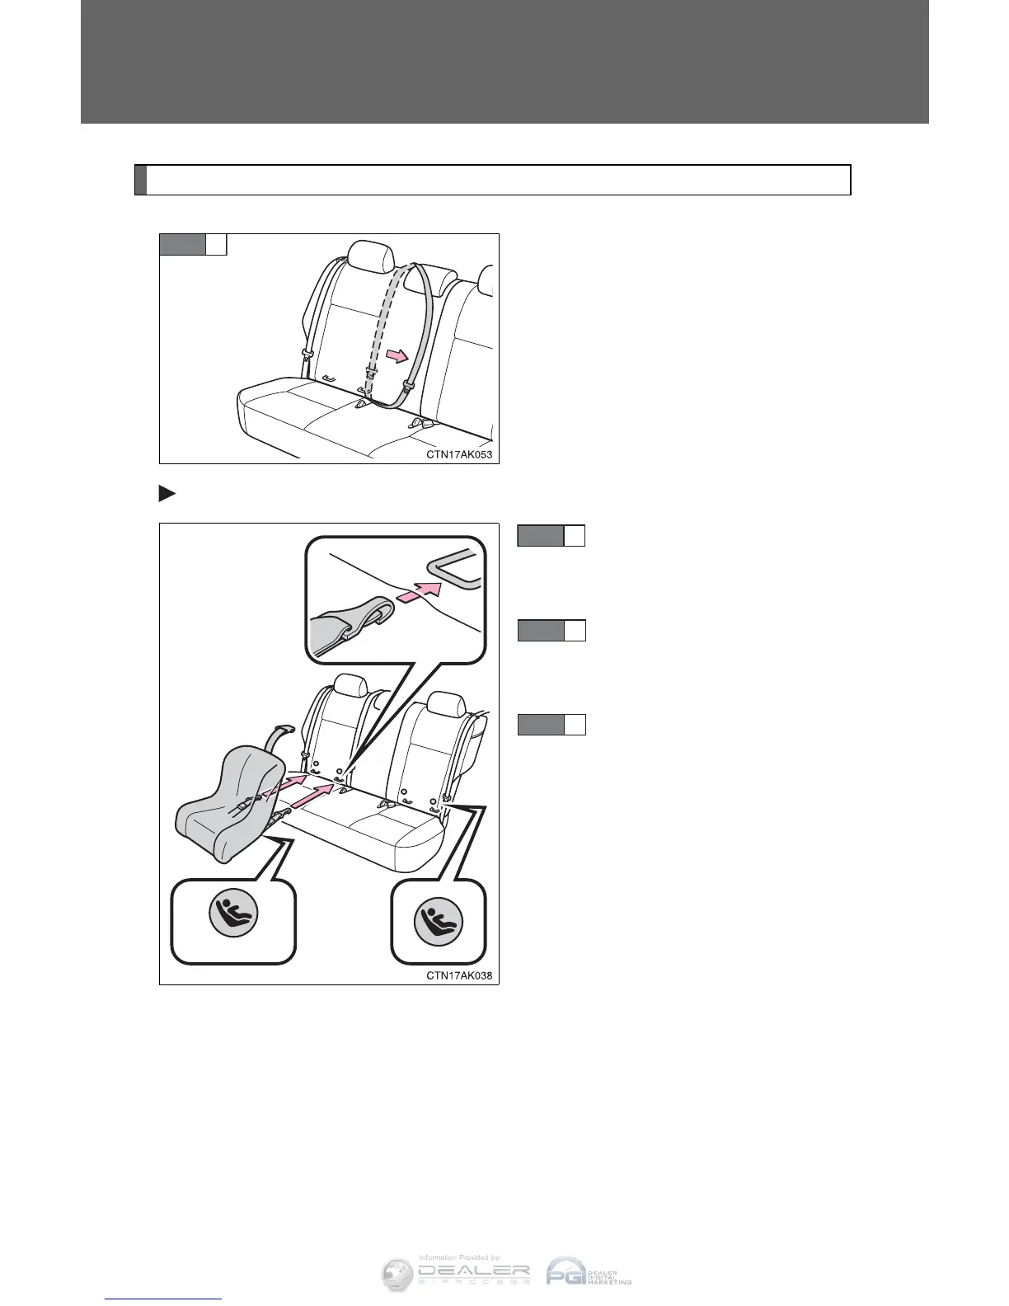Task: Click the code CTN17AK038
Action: (x=462, y=975)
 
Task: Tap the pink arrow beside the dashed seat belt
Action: (x=396, y=355)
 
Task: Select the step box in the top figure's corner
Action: (x=193, y=245)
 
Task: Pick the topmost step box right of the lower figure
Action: (x=551, y=536)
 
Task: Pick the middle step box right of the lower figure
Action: (x=551, y=631)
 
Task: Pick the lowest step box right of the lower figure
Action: (x=551, y=725)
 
